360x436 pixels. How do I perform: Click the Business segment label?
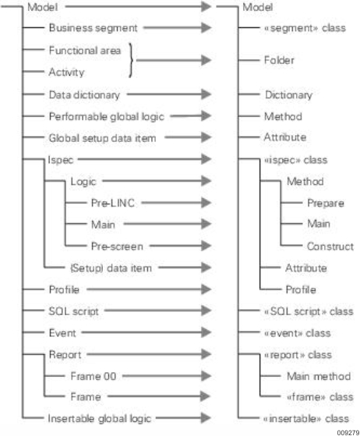[93, 28]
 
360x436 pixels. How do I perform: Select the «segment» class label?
[305, 28]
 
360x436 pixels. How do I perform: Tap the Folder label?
[279, 60]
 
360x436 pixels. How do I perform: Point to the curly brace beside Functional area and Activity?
[131, 60]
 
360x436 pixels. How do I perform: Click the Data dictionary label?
[84, 95]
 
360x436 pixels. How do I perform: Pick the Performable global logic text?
[107, 116]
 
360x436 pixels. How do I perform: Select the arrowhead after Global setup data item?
[206, 137]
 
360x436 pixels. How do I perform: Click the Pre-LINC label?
[113, 203]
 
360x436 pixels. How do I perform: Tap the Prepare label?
[326, 203]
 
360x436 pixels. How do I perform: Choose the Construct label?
[330, 246]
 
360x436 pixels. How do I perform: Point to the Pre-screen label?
[117, 246]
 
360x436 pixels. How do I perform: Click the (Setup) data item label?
[111, 268]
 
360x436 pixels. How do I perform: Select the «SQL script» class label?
[309, 311]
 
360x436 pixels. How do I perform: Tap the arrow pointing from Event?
[146, 332]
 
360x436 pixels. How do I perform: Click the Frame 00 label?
[94, 376]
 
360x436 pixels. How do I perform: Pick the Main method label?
[319, 376]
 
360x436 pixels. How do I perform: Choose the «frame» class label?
[320, 397]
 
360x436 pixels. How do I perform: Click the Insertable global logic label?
[100, 419]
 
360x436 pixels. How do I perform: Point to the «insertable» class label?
[306, 419]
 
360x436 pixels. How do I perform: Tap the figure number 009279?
[348, 433]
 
